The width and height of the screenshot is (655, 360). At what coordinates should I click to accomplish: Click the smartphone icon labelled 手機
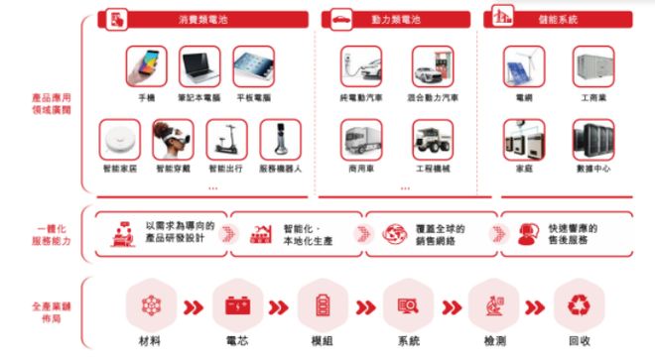[x=146, y=66]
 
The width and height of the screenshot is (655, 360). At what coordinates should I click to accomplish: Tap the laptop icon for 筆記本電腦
[x=199, y=66]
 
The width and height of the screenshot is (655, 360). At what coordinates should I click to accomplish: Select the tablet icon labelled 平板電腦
[x=253, y=66]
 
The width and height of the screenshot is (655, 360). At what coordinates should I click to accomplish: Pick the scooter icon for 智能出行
[x=226, y=140]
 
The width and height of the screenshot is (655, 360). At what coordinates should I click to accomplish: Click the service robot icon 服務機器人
[x=280, y=140]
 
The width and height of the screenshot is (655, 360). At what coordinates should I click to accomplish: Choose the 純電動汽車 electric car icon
[x=361, y=66]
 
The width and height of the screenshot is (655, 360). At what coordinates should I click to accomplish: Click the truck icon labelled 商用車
[x=361, y=140]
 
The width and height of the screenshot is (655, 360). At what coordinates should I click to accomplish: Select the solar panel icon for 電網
[x=523, y=66]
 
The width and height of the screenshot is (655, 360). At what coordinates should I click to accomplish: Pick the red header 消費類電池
[x=200, y=18]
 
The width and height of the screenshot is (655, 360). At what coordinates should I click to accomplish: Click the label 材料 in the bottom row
[x=152, y=341]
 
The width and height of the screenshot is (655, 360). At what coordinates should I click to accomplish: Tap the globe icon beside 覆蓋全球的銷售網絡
[x=394, y=233]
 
